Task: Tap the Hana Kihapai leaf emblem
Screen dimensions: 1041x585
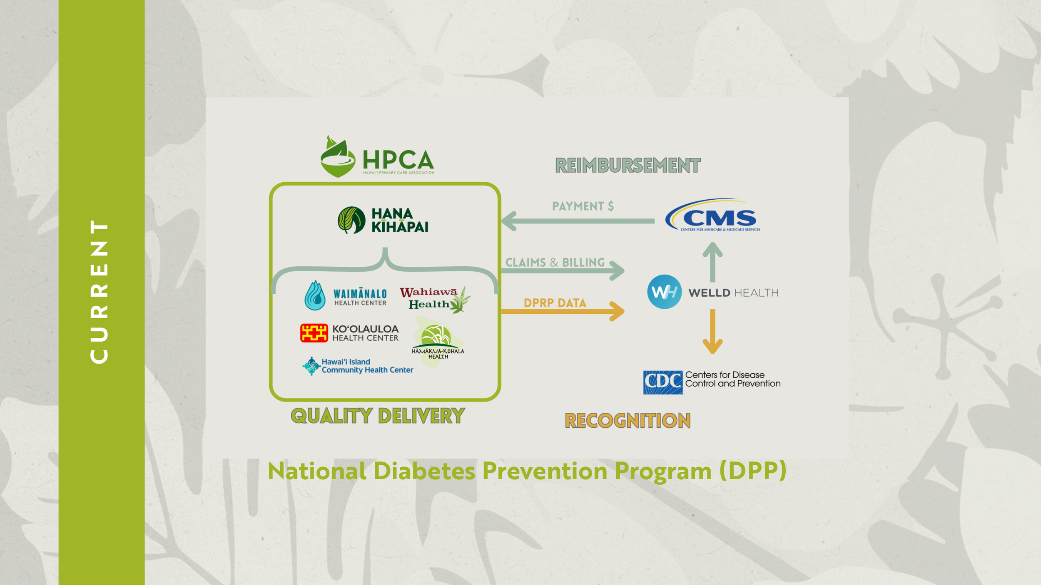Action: [x=351, y=220]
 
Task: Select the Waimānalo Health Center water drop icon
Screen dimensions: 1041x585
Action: [x=315, y=295]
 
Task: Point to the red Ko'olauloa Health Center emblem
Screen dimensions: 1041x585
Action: [x=314, y=333]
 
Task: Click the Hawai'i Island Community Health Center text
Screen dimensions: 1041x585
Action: [x=367, y=366]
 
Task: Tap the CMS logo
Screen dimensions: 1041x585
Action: [x=713, y=216]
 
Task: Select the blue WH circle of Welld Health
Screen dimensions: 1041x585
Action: [x=664, y=292]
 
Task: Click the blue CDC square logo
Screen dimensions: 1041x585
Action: [x=662, y=382]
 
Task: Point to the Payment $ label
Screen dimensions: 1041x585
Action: [x=583, y=206]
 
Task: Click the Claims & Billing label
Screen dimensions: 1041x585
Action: [x=555, y=262]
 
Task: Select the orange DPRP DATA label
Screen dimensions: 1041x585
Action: [x=555, y=303]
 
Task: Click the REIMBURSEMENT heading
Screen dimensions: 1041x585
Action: [x=628, y=166]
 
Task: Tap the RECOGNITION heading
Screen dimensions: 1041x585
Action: [x=628, y=421]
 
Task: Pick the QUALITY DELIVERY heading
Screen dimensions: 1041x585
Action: [x=377, y=416]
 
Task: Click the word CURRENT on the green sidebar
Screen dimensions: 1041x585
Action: [x=99, y=292]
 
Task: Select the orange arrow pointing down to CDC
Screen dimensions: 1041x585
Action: [x=712, y=332]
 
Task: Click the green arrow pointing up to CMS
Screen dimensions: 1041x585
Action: [x=712, y=262]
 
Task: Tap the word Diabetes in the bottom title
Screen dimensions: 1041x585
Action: [x=424, y=471]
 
